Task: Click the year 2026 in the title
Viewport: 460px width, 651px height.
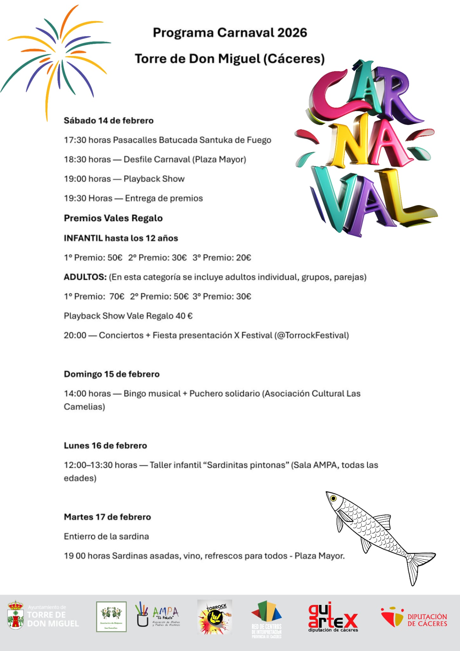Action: [292, 33]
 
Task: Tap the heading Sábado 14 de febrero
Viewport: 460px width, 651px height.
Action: [109, 121]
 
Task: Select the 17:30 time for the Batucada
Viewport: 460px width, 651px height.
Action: [75, 140]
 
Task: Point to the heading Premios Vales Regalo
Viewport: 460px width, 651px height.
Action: [113, 218]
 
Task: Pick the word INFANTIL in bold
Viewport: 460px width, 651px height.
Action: [83, 238]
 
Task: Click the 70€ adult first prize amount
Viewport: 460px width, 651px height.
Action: [117, 297]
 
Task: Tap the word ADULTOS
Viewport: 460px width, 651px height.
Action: [85, 277]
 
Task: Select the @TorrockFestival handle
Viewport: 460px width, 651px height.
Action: [312, 335]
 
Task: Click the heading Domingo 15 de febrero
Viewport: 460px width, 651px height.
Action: [112, 374]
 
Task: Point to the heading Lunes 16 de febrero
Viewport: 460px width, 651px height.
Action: [105, 446]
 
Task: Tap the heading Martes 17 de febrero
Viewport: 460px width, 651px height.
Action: [107, 517]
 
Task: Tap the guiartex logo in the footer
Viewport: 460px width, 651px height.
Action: [333, 617]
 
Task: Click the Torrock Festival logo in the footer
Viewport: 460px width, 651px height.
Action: [215, 617]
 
